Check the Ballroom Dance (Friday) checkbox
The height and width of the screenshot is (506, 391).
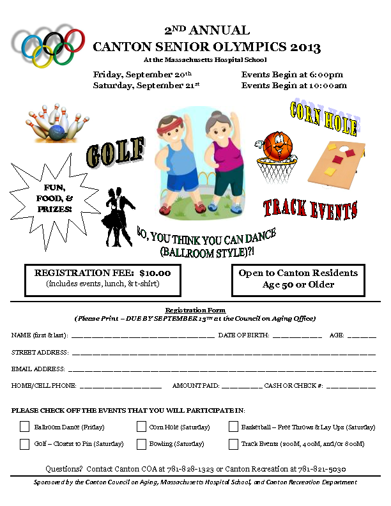24,427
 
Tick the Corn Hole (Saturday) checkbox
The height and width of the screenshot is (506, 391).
141,427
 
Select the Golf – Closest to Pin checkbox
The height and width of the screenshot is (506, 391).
24,443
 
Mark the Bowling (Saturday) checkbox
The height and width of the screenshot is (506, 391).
141,443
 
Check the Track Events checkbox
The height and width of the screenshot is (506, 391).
233,443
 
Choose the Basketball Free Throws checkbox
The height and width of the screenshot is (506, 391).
233,427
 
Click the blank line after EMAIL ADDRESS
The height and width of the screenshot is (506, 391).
221,369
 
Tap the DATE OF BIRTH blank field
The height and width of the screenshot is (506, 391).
296,335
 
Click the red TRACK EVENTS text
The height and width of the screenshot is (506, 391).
310,208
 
